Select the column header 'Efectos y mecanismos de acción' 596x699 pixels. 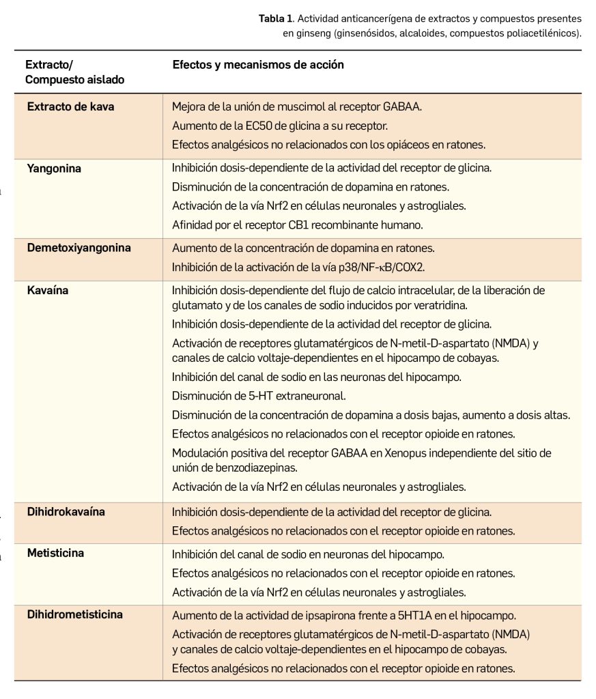257,65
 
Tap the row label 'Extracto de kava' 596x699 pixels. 70,107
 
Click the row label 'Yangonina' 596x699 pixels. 54,168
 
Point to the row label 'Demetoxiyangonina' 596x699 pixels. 79,248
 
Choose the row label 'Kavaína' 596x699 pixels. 48,290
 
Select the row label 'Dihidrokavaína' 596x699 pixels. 66,511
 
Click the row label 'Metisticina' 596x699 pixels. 55,553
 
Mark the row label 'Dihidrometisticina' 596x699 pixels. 75,614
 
